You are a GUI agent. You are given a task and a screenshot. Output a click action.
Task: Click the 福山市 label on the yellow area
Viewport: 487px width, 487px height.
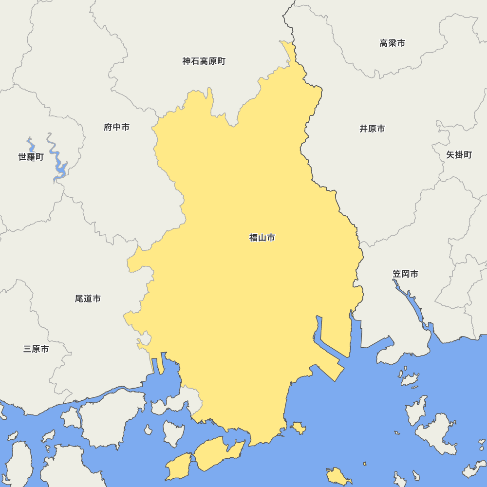262,238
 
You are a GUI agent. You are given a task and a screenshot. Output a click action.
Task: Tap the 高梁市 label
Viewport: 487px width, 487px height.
392,43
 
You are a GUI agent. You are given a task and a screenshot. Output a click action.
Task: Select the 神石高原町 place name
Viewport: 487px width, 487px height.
204,61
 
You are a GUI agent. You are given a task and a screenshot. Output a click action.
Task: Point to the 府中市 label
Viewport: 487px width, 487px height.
117,127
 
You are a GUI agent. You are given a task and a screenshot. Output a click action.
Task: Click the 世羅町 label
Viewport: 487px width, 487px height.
31,157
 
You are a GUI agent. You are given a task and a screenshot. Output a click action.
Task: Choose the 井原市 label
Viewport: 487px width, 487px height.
372,129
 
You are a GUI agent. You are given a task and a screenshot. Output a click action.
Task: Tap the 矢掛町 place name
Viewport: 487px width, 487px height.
459,155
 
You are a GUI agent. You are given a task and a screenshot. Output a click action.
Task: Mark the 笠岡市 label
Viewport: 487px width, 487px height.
405,274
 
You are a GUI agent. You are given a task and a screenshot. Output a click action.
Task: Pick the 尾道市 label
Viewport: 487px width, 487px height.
88,298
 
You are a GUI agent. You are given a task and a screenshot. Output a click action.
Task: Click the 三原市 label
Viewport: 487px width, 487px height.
36,349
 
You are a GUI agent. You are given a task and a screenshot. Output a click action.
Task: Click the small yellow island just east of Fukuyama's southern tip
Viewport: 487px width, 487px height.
298,428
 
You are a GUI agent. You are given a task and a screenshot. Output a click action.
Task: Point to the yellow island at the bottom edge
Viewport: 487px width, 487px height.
338,476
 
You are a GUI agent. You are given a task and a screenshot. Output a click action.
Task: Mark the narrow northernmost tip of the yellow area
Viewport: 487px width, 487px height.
288,49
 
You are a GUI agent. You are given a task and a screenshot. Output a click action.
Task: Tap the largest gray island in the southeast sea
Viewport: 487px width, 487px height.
437,433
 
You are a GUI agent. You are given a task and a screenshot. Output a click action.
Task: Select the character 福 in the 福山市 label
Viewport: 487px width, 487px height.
254,238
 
